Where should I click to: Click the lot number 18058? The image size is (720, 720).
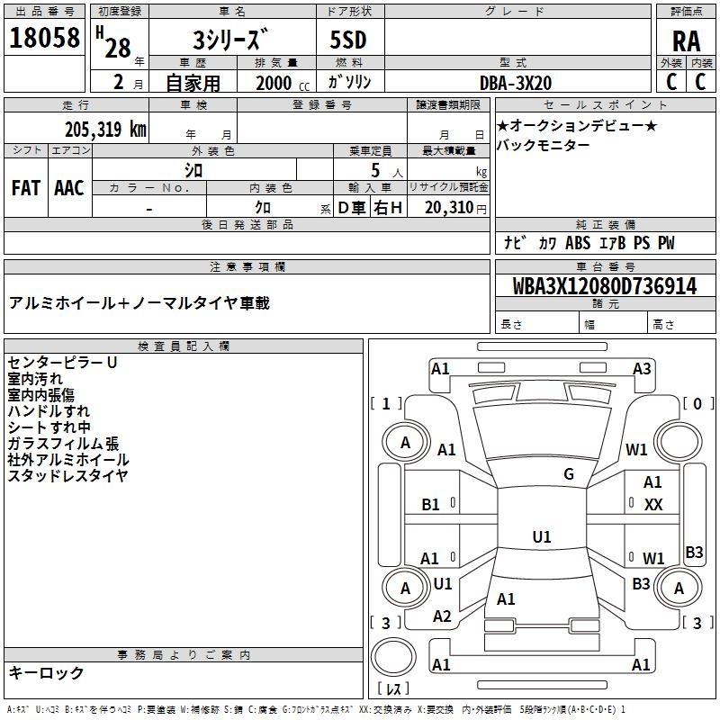[44, 38]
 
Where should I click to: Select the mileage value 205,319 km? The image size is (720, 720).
[105, 130]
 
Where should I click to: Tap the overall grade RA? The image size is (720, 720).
[687, 41]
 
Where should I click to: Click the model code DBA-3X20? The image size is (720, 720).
[515, 83]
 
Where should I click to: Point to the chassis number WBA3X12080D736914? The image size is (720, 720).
[605, 286]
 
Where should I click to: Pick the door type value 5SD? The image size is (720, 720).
[348, 40]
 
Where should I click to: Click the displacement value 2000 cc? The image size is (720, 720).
[283, 83]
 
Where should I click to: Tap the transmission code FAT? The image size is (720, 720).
[26, 188]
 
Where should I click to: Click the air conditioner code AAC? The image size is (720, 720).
[69, 188]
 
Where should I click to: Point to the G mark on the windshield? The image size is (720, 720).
[569, 474]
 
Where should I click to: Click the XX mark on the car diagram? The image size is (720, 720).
[653, 505]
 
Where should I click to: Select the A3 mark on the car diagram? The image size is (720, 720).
[642, 369]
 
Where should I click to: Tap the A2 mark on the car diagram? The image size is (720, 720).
[442, 616]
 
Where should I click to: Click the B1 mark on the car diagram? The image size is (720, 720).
[431, 505]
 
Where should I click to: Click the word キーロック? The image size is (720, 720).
[46, 672]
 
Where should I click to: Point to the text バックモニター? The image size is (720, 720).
[544, 145]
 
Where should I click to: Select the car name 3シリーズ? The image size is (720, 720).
[229, 40]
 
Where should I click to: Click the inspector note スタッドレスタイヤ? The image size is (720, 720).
[67, 476]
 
